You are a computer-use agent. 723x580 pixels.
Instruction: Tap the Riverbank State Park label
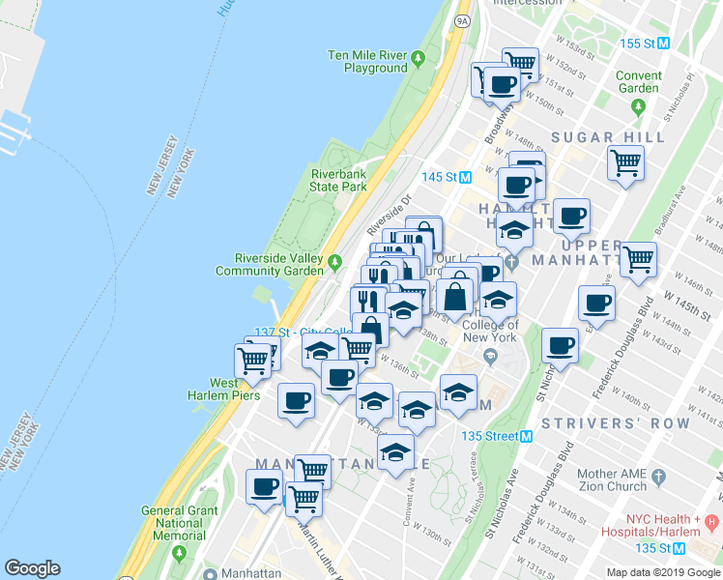pyautogui.click(x=338, y=180)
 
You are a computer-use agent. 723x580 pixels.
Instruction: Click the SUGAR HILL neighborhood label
pyautogui.click(x=608, y=137)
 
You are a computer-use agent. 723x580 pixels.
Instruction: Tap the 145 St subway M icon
pyautogui.click(x=465, y=177)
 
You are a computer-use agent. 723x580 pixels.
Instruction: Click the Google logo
pyautogui.click(x=32, y=568)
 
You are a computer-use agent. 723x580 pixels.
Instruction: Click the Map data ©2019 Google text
pyautogui.click(x=662, y=572)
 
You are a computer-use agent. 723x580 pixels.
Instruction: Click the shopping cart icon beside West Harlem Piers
pyautogui.click(x=254, y=362)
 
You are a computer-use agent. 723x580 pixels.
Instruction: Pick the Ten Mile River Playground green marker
pyautogui.click(x=418, y=60)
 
